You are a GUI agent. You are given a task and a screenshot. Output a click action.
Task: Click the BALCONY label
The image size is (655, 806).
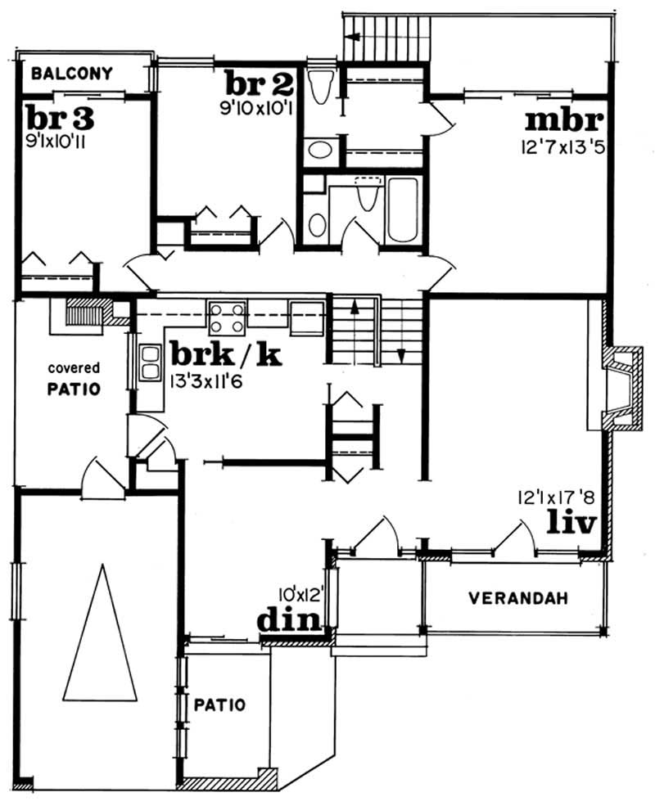coord(71,73)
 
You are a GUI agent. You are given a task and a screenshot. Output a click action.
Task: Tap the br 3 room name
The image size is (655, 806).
coord(59,116)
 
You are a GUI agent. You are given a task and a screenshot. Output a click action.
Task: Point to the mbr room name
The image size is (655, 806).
coord(564,119)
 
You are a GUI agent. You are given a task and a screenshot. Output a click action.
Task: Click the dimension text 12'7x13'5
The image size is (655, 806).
coord(560,147)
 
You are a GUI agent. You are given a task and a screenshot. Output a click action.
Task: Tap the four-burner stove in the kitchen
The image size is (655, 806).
coord(226,317)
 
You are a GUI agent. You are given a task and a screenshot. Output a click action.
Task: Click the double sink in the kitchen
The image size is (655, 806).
coord(150,362)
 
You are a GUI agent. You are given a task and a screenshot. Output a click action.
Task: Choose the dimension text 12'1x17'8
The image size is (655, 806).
coord(553,497)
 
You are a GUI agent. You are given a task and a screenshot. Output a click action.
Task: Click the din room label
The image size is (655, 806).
coord(288,620)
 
